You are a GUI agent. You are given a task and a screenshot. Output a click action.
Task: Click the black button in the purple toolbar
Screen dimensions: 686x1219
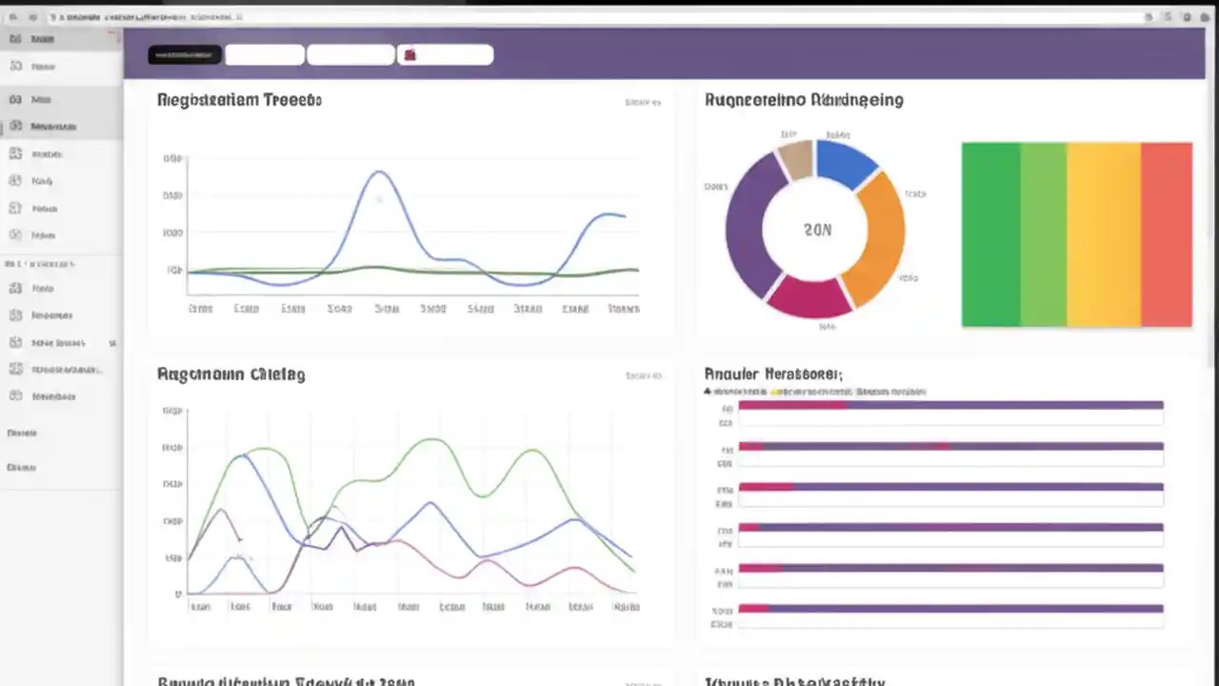point(185,55)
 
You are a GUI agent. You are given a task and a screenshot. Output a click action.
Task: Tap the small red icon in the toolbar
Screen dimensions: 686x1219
point(410,55)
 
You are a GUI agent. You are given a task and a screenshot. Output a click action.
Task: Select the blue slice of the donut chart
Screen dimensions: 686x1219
point(846,161)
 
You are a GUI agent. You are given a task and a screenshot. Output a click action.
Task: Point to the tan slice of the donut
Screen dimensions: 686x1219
point(796,158)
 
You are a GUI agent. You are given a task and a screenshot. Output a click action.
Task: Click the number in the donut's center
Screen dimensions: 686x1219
point(816,230)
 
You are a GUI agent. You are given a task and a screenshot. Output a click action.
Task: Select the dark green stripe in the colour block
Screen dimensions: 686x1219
point(990,234)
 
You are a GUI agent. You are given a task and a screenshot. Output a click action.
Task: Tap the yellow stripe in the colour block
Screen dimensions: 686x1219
point(1103,234)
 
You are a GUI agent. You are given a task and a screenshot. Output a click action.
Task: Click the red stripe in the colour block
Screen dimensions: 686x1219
point(1166,234)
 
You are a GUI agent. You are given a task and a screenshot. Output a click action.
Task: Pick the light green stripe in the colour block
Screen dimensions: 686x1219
point(1043,234)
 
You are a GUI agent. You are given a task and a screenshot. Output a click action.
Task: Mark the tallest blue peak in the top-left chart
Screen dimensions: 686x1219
point(380,172)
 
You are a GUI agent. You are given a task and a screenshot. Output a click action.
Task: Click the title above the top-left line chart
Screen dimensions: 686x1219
point(239,100)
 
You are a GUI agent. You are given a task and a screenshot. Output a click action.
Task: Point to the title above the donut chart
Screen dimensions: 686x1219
point(804,100)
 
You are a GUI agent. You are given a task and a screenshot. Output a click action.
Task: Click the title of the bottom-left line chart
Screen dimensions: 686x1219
point(230,374)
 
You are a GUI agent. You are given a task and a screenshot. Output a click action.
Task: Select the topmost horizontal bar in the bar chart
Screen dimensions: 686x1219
point(950,406)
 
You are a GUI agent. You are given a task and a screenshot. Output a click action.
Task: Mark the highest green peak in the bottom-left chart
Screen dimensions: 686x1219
point(433,439)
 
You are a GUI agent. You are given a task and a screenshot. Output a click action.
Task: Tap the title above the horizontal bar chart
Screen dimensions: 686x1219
point(772,374)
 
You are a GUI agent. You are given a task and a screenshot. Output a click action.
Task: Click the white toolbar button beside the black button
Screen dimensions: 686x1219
point(264,55)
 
